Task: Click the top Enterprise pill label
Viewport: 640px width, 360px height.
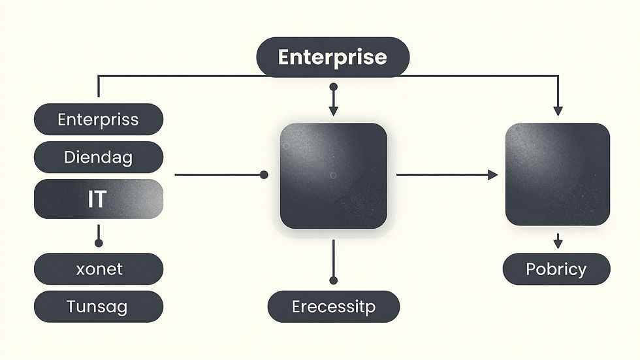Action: coord(332,57)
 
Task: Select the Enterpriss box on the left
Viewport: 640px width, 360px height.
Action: coord(99,119)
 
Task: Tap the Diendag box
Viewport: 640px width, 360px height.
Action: coord(99,157)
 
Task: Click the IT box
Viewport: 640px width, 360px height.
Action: coord(99,199)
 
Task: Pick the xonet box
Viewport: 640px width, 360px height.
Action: coord(99,269)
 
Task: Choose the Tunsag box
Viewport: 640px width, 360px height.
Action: coord(99,306)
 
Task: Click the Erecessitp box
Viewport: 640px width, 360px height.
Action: coord(334,306)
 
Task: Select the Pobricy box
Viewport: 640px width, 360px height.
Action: coord(556,269)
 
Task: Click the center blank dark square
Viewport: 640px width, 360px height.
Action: coord(334,176)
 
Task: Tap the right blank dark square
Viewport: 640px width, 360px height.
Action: coord(558,174)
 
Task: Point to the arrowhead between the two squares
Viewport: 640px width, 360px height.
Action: coord(493,174)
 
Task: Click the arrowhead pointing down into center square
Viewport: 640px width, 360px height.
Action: coord(334,111)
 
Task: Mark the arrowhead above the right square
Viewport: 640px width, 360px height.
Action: coord(558,111)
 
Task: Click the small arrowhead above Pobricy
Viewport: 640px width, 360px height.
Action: coord(558,244)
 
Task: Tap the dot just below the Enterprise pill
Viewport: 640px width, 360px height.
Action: coord(334,87)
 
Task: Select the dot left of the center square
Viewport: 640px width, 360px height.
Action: coord(264,175)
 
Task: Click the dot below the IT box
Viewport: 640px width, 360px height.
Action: coord(99,243)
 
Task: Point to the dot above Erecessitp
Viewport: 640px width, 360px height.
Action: coord(334,280)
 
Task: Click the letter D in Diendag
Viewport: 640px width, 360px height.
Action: coord(69,157)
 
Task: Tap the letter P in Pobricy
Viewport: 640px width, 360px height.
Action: coord(530,269)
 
